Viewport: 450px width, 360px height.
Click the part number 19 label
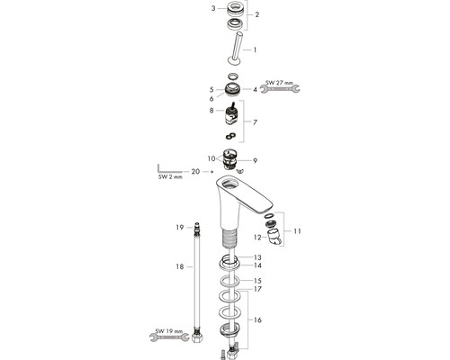click(180, 228)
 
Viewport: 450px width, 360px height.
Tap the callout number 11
click(297, 231)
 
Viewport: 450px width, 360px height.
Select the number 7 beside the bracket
click(255, 122)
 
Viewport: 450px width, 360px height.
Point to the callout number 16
click(257, 319)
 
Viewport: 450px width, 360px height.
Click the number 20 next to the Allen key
click(195, 171)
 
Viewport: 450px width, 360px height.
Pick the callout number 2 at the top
click(256, 14)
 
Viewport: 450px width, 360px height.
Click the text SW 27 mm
click(279, 83)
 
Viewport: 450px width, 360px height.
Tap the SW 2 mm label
click(170, 177)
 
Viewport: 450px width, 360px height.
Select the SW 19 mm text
click(169, 331)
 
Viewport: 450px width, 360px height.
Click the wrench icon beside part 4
click(280, 89)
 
